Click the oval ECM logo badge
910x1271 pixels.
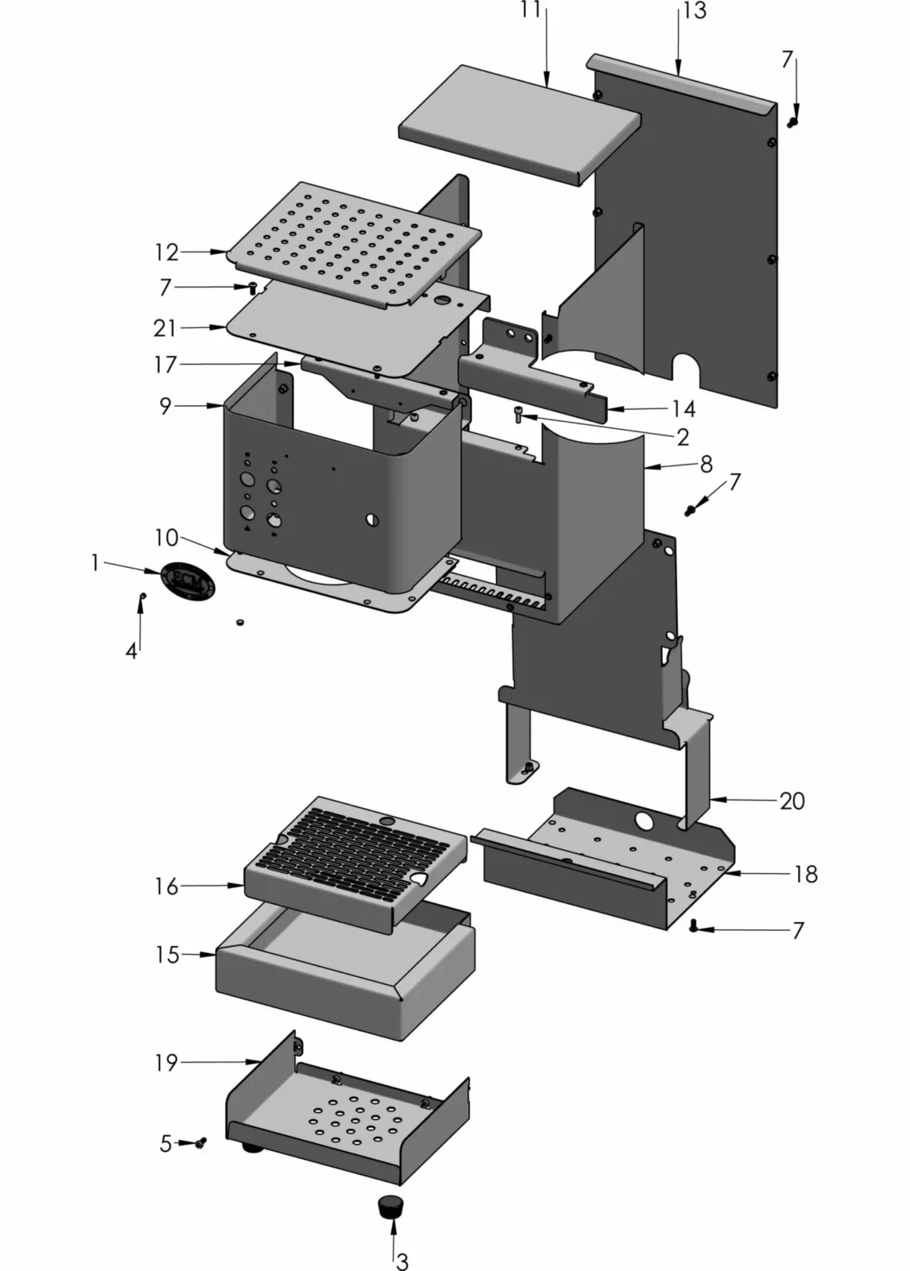[x=188, y=581]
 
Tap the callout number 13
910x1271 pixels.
[x=694, y=12]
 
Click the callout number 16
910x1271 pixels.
[x=166, y=887]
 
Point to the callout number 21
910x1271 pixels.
[x=165, y=327]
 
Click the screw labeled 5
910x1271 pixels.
[x=200, y=1142]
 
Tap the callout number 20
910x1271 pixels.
[x=792, y=801]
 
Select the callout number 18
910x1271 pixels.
[x=805, y=874]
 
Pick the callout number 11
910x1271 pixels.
[x=531, y=10]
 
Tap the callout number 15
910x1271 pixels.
[x=167, y=954]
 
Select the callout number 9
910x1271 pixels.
[x=165, y=406]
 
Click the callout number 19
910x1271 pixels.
[x=166, y=1062]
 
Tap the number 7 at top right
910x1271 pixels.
[x=787, y=60]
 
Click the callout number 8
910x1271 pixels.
[x=706, y=465]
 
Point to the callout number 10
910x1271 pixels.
[x=166, y=538]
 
